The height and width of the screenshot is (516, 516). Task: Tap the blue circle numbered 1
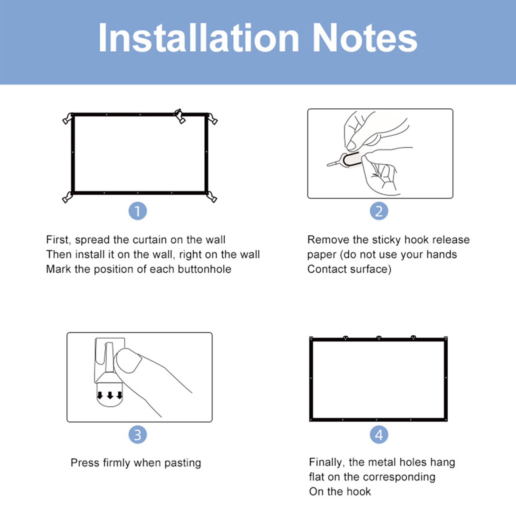[x=138, y=211]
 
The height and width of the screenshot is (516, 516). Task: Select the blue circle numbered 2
[x=379, y=211]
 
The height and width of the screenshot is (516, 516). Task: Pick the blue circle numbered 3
[x=138, y=435]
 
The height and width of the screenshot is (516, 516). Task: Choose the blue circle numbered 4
[x=379, y=435]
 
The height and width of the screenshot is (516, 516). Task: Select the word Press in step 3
[x=85, y=463]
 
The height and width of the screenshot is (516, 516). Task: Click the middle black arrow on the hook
[x=110, y=395]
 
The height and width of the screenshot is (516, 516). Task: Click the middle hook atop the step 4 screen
[x=379, y=338]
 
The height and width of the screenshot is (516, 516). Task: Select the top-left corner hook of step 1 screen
[x=67, y=119]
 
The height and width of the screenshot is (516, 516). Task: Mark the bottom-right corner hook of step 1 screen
[x=212, y=197]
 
